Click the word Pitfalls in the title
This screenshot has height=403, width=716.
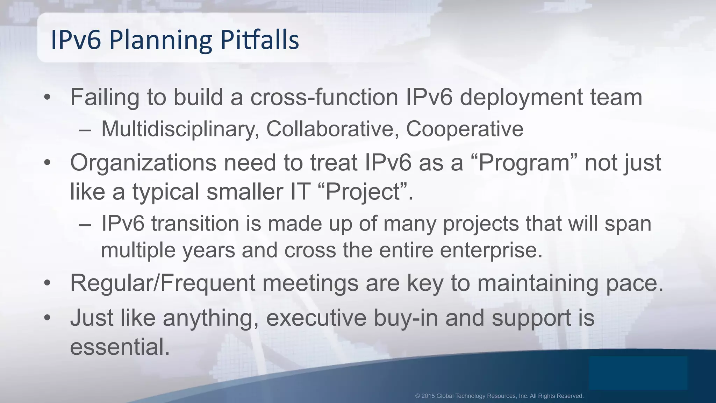tap(259, 40)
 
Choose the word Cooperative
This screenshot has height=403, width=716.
tap(464, 129)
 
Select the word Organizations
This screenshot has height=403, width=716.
tap(143, 163)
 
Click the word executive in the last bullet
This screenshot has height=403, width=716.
tap(316, 318)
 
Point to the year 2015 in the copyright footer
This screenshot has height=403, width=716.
tap(428, 396)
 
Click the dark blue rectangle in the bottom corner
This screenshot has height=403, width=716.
tap(638, 373)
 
